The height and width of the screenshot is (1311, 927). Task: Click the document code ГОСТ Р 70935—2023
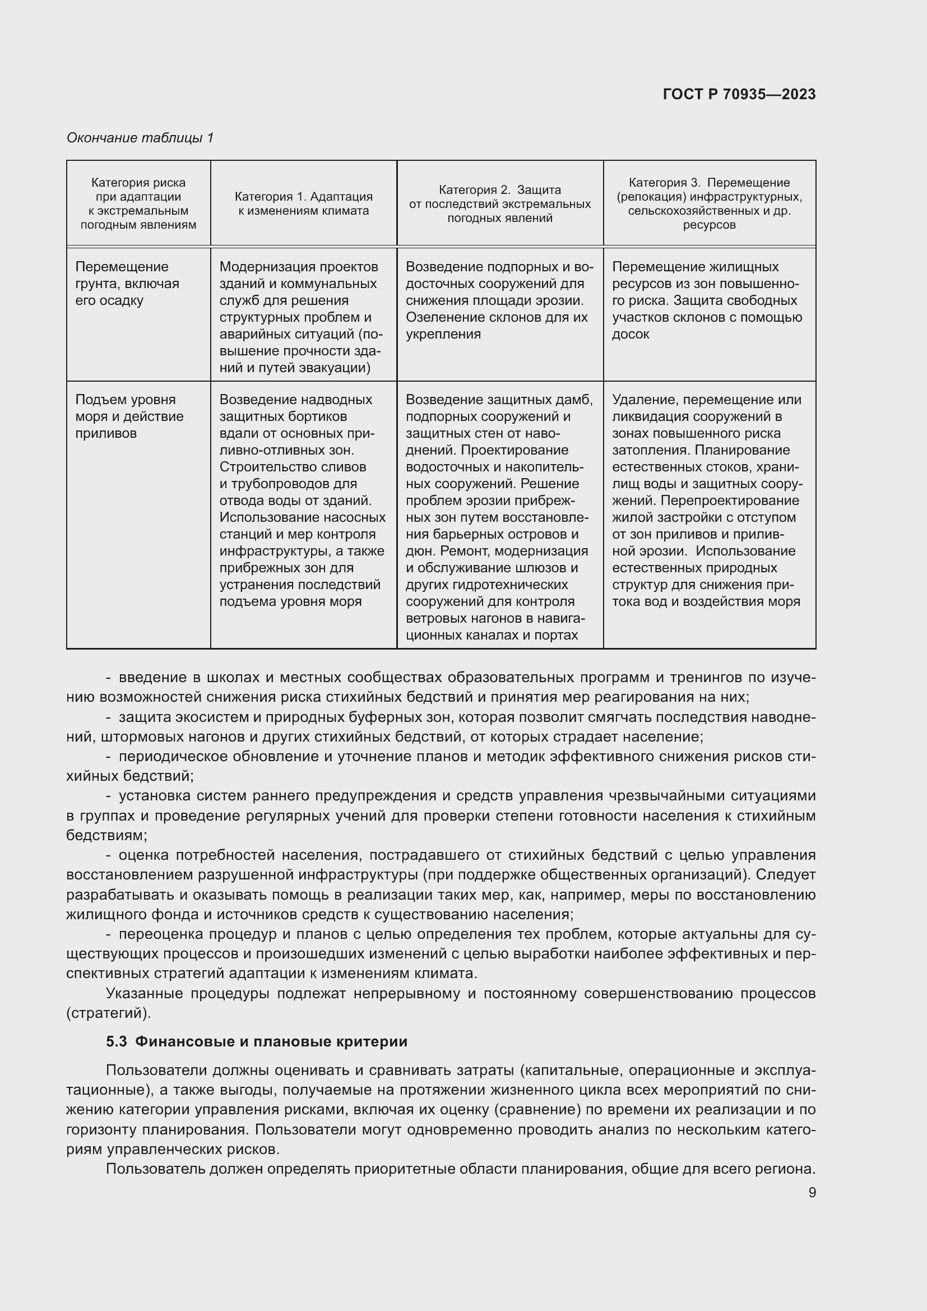pyautogui.click(x=739, y=94)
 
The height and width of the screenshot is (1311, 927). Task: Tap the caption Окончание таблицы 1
pyautogui.click(x=140, y=138)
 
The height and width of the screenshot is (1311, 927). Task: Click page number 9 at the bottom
pyautogui.click(x=812, y=1192)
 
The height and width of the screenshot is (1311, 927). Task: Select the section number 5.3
pyautogui.click(x=116, y=1041)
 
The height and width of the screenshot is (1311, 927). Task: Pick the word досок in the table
pyautogui.click(x=630, y=335)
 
